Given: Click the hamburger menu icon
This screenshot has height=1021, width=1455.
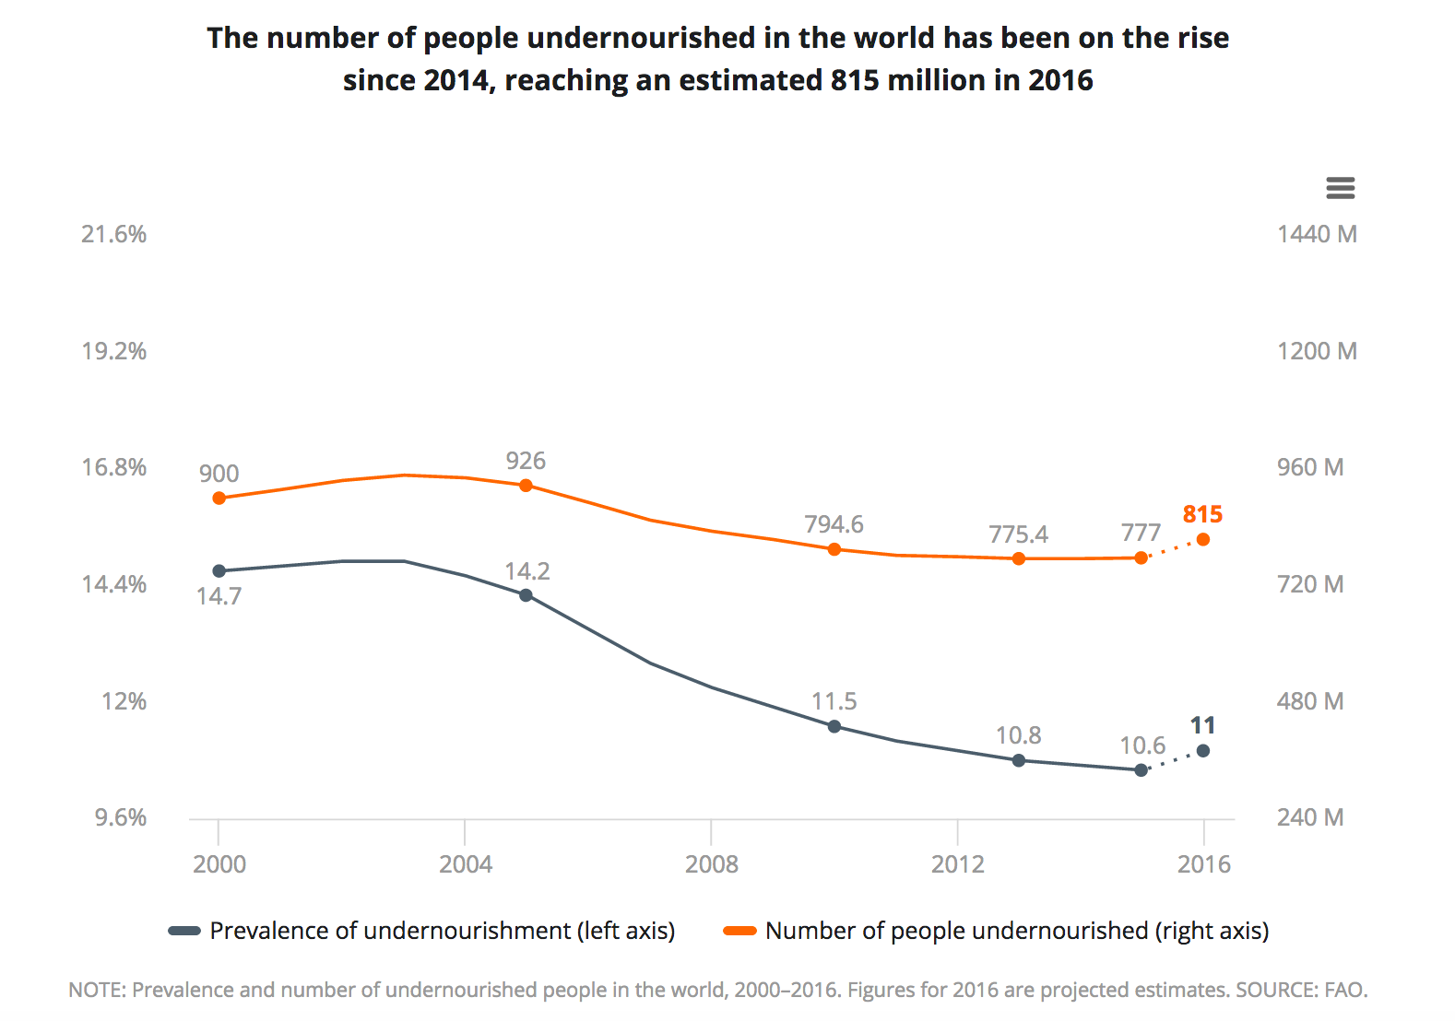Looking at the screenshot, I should pos(1340,188).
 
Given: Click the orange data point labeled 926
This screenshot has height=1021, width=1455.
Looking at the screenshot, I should pos(526,486).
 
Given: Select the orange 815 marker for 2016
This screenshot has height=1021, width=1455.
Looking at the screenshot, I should pos(1202,539).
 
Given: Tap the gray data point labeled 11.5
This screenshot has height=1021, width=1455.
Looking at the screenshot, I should pos(834,726).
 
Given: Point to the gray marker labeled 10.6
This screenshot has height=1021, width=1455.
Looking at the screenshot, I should pos(1141,769).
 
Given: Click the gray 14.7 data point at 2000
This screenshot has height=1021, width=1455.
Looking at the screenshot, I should pos(219,570).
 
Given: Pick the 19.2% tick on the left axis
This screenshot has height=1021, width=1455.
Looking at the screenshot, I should pos(114,351).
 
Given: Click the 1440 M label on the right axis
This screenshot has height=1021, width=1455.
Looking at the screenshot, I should pos(1316,234).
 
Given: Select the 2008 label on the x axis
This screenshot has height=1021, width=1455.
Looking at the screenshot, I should pos(711,864).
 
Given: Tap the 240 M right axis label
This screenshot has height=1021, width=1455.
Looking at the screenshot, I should pos(1309,817).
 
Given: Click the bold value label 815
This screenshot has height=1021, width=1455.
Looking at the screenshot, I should pos(1202,514).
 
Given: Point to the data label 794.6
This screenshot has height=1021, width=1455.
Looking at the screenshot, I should pos(834,524).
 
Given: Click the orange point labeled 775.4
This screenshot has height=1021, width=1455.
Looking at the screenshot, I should pos(1018,558).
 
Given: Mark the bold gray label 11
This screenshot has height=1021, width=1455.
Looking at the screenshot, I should pos(1202,726).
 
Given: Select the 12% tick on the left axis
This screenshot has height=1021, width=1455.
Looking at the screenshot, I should pos(124,701).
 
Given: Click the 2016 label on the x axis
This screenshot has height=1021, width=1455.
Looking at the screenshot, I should pos(1203,864).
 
